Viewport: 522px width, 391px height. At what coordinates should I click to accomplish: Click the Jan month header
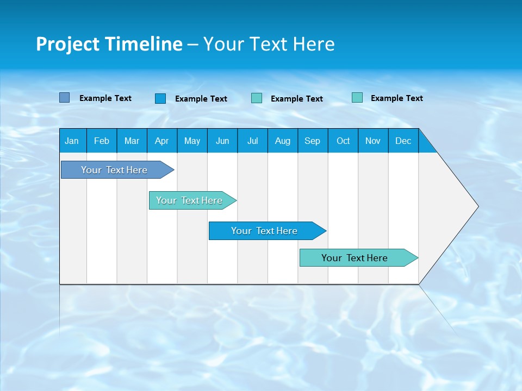(x=72, y=141)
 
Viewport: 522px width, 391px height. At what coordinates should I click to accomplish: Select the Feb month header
(x=102, y=141)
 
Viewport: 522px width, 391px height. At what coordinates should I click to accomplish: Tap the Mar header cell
(x=132, y=141)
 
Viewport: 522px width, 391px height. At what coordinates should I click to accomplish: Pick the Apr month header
(x=162, y=141)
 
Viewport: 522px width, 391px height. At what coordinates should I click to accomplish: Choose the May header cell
(x=192, y=141)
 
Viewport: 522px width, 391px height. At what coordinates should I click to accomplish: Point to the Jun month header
(x=222, y=141)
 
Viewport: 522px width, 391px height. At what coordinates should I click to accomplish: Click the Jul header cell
(x=252, y=141)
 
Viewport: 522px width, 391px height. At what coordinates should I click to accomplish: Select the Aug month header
(x=283, y=141)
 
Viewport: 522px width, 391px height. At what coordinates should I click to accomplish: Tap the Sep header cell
(x=313, y=141)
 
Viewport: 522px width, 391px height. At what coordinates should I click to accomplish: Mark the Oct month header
(x=343, y=141)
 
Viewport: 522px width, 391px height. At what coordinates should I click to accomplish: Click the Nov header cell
(x=373, y=141)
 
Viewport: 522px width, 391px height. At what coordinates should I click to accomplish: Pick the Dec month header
(x=403, y=141)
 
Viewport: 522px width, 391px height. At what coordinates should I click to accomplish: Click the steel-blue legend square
(x=65, y=98)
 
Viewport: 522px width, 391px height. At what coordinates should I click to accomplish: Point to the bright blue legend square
(x=160, y=98)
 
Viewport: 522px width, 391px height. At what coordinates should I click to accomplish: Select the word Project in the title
(x=68, y=44)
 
